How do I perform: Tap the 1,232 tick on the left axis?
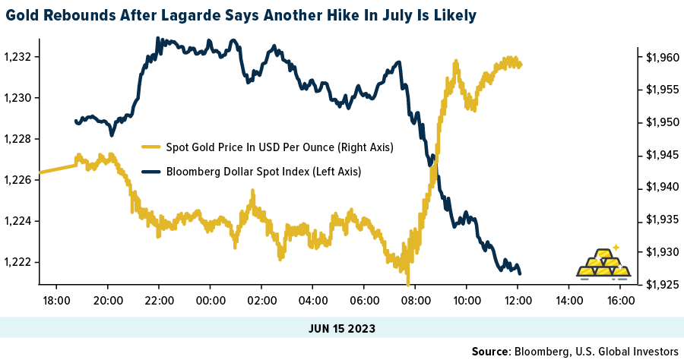17,57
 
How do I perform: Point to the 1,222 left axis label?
17,262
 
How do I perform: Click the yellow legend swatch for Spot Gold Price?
151,147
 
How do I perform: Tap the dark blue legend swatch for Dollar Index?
151,172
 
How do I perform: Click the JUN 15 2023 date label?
342,328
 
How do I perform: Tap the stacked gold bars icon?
603,262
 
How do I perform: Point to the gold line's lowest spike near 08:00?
408,282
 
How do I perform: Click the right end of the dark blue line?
521,273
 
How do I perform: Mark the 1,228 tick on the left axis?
17,139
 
